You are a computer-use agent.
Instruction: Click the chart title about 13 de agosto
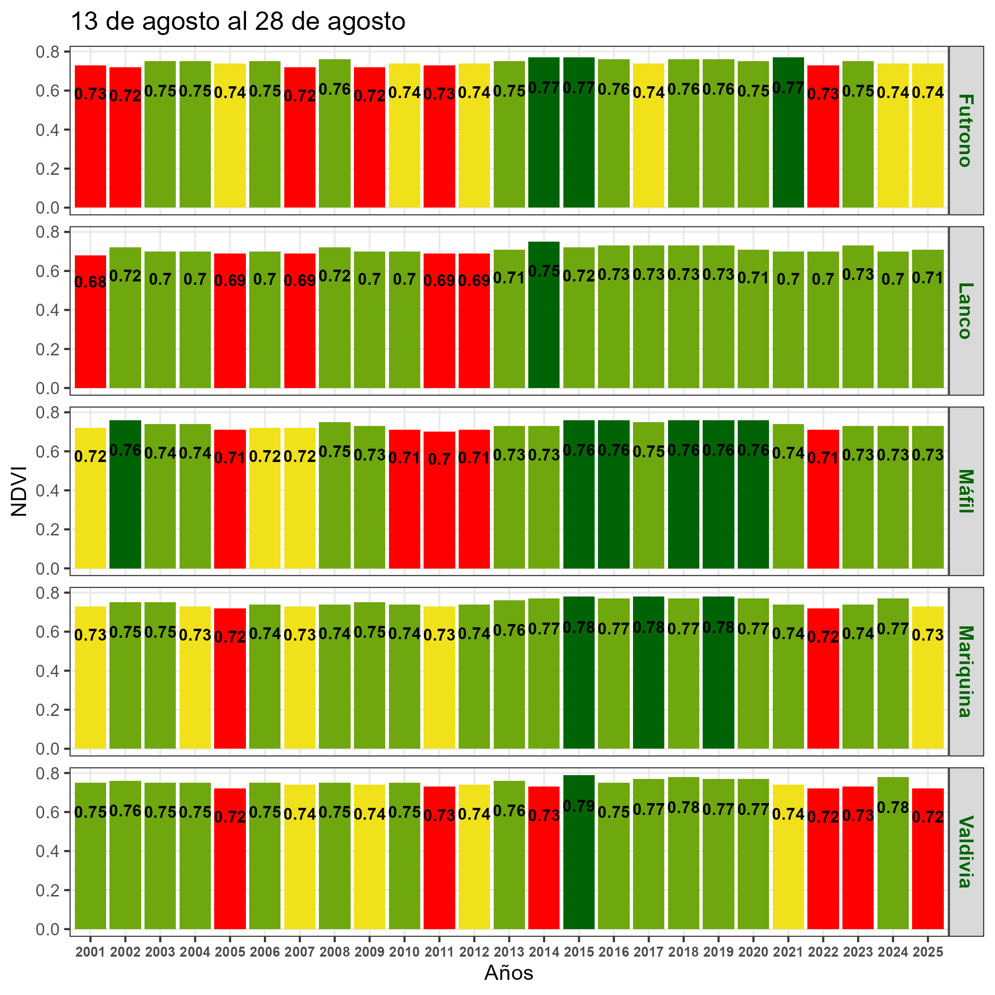coord(237,22)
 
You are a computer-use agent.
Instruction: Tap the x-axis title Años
coord(508,973)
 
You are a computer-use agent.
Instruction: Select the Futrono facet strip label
coord(965,130)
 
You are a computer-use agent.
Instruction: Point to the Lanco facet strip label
coord(965,310)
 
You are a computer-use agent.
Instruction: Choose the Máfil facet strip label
coord(965,491)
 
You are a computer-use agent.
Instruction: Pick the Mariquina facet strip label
coord(965,671)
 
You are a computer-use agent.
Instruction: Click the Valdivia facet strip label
coord(965,851)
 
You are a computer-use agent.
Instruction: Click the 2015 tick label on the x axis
coord(579,952)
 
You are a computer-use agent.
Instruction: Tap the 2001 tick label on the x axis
coord(90,952)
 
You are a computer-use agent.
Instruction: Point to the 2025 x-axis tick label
coord(928,952)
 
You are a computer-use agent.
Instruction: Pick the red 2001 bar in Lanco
coord(90,335)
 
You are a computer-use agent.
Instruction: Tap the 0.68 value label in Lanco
coord(90,282)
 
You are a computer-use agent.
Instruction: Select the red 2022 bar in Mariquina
coord(823,690)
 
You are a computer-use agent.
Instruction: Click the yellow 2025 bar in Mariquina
coord(928,690)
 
